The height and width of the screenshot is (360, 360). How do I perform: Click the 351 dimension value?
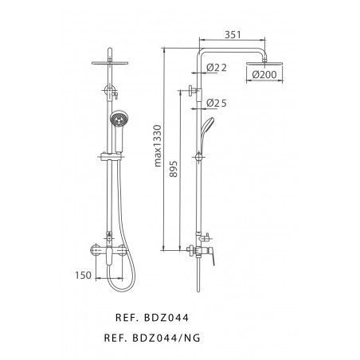click(233, 35)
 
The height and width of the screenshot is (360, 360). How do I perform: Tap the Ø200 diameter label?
click(264, 75)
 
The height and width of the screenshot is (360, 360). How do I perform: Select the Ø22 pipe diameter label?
click(217, 68)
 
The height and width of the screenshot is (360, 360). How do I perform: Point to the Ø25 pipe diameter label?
click(217, 103)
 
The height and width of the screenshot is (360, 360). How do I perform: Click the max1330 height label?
click(158, 146)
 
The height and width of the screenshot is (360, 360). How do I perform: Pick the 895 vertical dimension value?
click(174, 169)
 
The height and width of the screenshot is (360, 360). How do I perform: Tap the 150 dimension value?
click(83, 276)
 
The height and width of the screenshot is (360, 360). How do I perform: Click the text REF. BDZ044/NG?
click(152, 338)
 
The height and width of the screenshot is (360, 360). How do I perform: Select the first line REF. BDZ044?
click(152, 318)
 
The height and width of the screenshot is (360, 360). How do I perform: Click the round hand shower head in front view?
click(119, 119)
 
